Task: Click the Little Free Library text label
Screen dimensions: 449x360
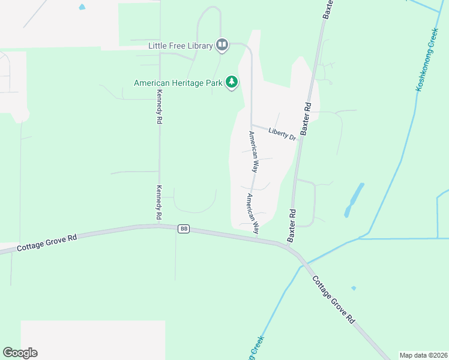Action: (181, 46)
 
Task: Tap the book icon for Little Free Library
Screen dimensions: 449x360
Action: (222, 45)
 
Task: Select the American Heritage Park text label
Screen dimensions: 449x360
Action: (178, 83)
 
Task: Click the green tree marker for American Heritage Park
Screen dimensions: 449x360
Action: (232, 83)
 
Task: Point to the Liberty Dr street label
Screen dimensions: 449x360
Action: (282, 134)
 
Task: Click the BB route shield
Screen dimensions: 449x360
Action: (184, 229)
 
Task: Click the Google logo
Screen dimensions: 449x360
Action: (20, 353)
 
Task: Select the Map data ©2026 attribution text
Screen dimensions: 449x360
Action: (423, 355)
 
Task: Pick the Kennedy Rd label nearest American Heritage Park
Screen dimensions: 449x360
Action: (159, 107)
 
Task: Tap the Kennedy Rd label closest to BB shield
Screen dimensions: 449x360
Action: (159, 202)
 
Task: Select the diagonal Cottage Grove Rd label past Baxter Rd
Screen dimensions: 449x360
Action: (333, 300)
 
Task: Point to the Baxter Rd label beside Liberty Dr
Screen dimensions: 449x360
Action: (306, 118)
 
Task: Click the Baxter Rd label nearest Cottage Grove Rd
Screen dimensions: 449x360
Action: (292, 225)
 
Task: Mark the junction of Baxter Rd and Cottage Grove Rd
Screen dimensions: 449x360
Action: (289, 245)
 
